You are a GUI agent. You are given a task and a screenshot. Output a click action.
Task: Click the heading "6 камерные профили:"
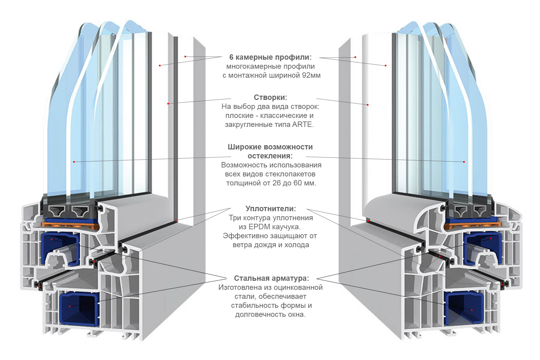click(x=270, y=57)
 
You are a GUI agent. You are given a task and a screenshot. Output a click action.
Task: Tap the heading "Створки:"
click(x=270, y=97)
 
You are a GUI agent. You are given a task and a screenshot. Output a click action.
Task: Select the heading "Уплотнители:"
click(x=271, y=209)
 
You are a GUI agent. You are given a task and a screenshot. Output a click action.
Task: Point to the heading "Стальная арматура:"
click(x=271, y=278)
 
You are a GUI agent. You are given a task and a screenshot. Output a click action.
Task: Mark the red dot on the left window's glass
click(x=74, y=162)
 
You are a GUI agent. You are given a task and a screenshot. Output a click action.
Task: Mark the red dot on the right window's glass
click(x=464, y=162)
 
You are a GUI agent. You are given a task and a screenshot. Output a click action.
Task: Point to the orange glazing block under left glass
click(x=70, y=224)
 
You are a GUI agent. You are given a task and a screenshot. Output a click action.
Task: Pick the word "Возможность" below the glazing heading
click(x=244, y=165)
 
